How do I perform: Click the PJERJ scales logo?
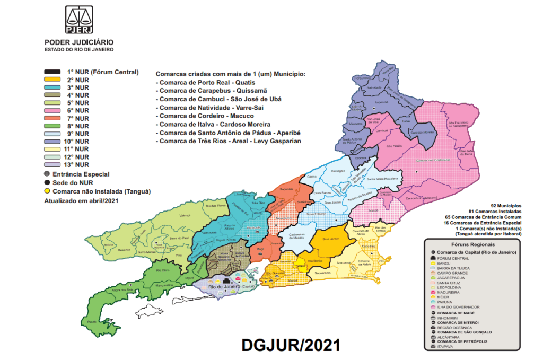pyautogui.click(x=78, y=21)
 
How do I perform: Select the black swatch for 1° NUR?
pyautogui.click(x=52, y=72)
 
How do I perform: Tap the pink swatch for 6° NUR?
pyautogui.click(x=52, y=110)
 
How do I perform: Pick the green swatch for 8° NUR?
pyautogui.click(x=52, y=126)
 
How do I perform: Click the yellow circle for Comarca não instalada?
pyautogui.click(x=47, y=191)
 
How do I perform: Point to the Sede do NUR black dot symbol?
pyautogui.click(x=47, y=182)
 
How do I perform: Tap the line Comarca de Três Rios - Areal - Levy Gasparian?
pyautogui.click(x=227, y=142)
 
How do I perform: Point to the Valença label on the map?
pyautogui.click(x=185, y=216)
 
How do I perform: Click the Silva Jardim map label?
pyautogui.click(x=330, y=239)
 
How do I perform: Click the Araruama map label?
pyautogui.click(x=343, y=263)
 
